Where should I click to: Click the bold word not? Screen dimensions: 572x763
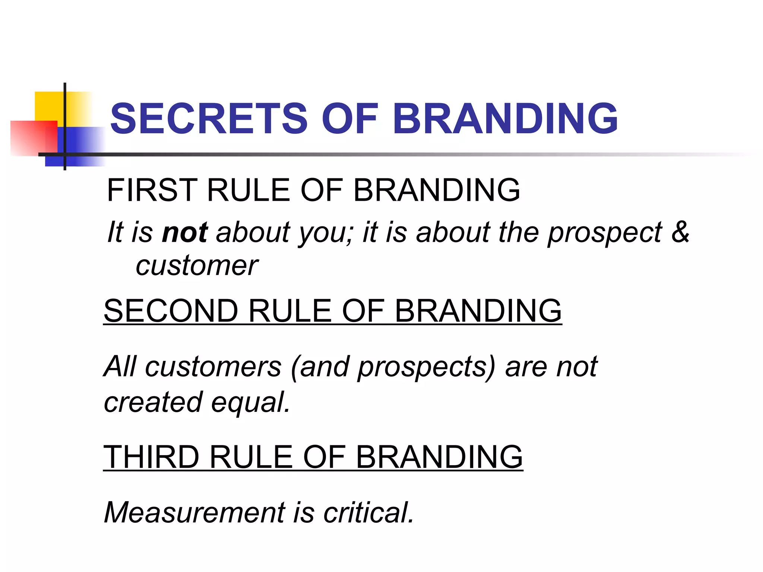(185, 232)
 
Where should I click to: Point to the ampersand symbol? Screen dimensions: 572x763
(680, 232)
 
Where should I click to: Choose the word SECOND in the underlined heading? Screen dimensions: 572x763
(171, 311)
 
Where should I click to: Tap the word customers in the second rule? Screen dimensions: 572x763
(213, 367)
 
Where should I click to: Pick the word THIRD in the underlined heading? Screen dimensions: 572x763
(151, 457)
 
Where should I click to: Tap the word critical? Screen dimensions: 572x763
(369, 513)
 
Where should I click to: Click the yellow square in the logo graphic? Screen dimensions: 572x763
(48, 106)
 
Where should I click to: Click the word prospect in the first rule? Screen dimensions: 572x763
(605, 233)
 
